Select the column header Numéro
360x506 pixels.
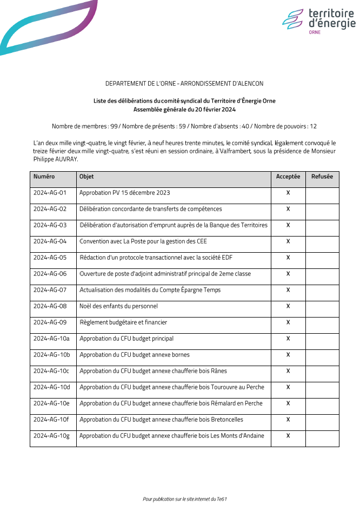click(x=44, y=177)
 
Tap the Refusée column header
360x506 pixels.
click(x=322, y=177)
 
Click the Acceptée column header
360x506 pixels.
click(x=288, y=177)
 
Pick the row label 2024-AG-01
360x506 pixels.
click(x=50, y=193)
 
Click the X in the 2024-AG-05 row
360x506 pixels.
click(x=288, y=258)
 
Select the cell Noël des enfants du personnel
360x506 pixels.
click(x=118, y=306)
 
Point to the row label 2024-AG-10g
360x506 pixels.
click(x=52, y=436)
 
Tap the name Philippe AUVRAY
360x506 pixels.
click(x=56, y=159)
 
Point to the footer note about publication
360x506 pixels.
click(x=184, y=499)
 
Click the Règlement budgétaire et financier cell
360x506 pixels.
click(x=123, y=322)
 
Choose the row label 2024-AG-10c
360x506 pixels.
click(x=51, y=371)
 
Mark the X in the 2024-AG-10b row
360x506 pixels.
click(x=288, y=355)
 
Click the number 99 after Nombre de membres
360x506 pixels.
click(x=114, y=126)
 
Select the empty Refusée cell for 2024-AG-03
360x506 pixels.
click(x=322, y=225)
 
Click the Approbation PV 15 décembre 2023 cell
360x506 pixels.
click(x=125, y=193)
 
